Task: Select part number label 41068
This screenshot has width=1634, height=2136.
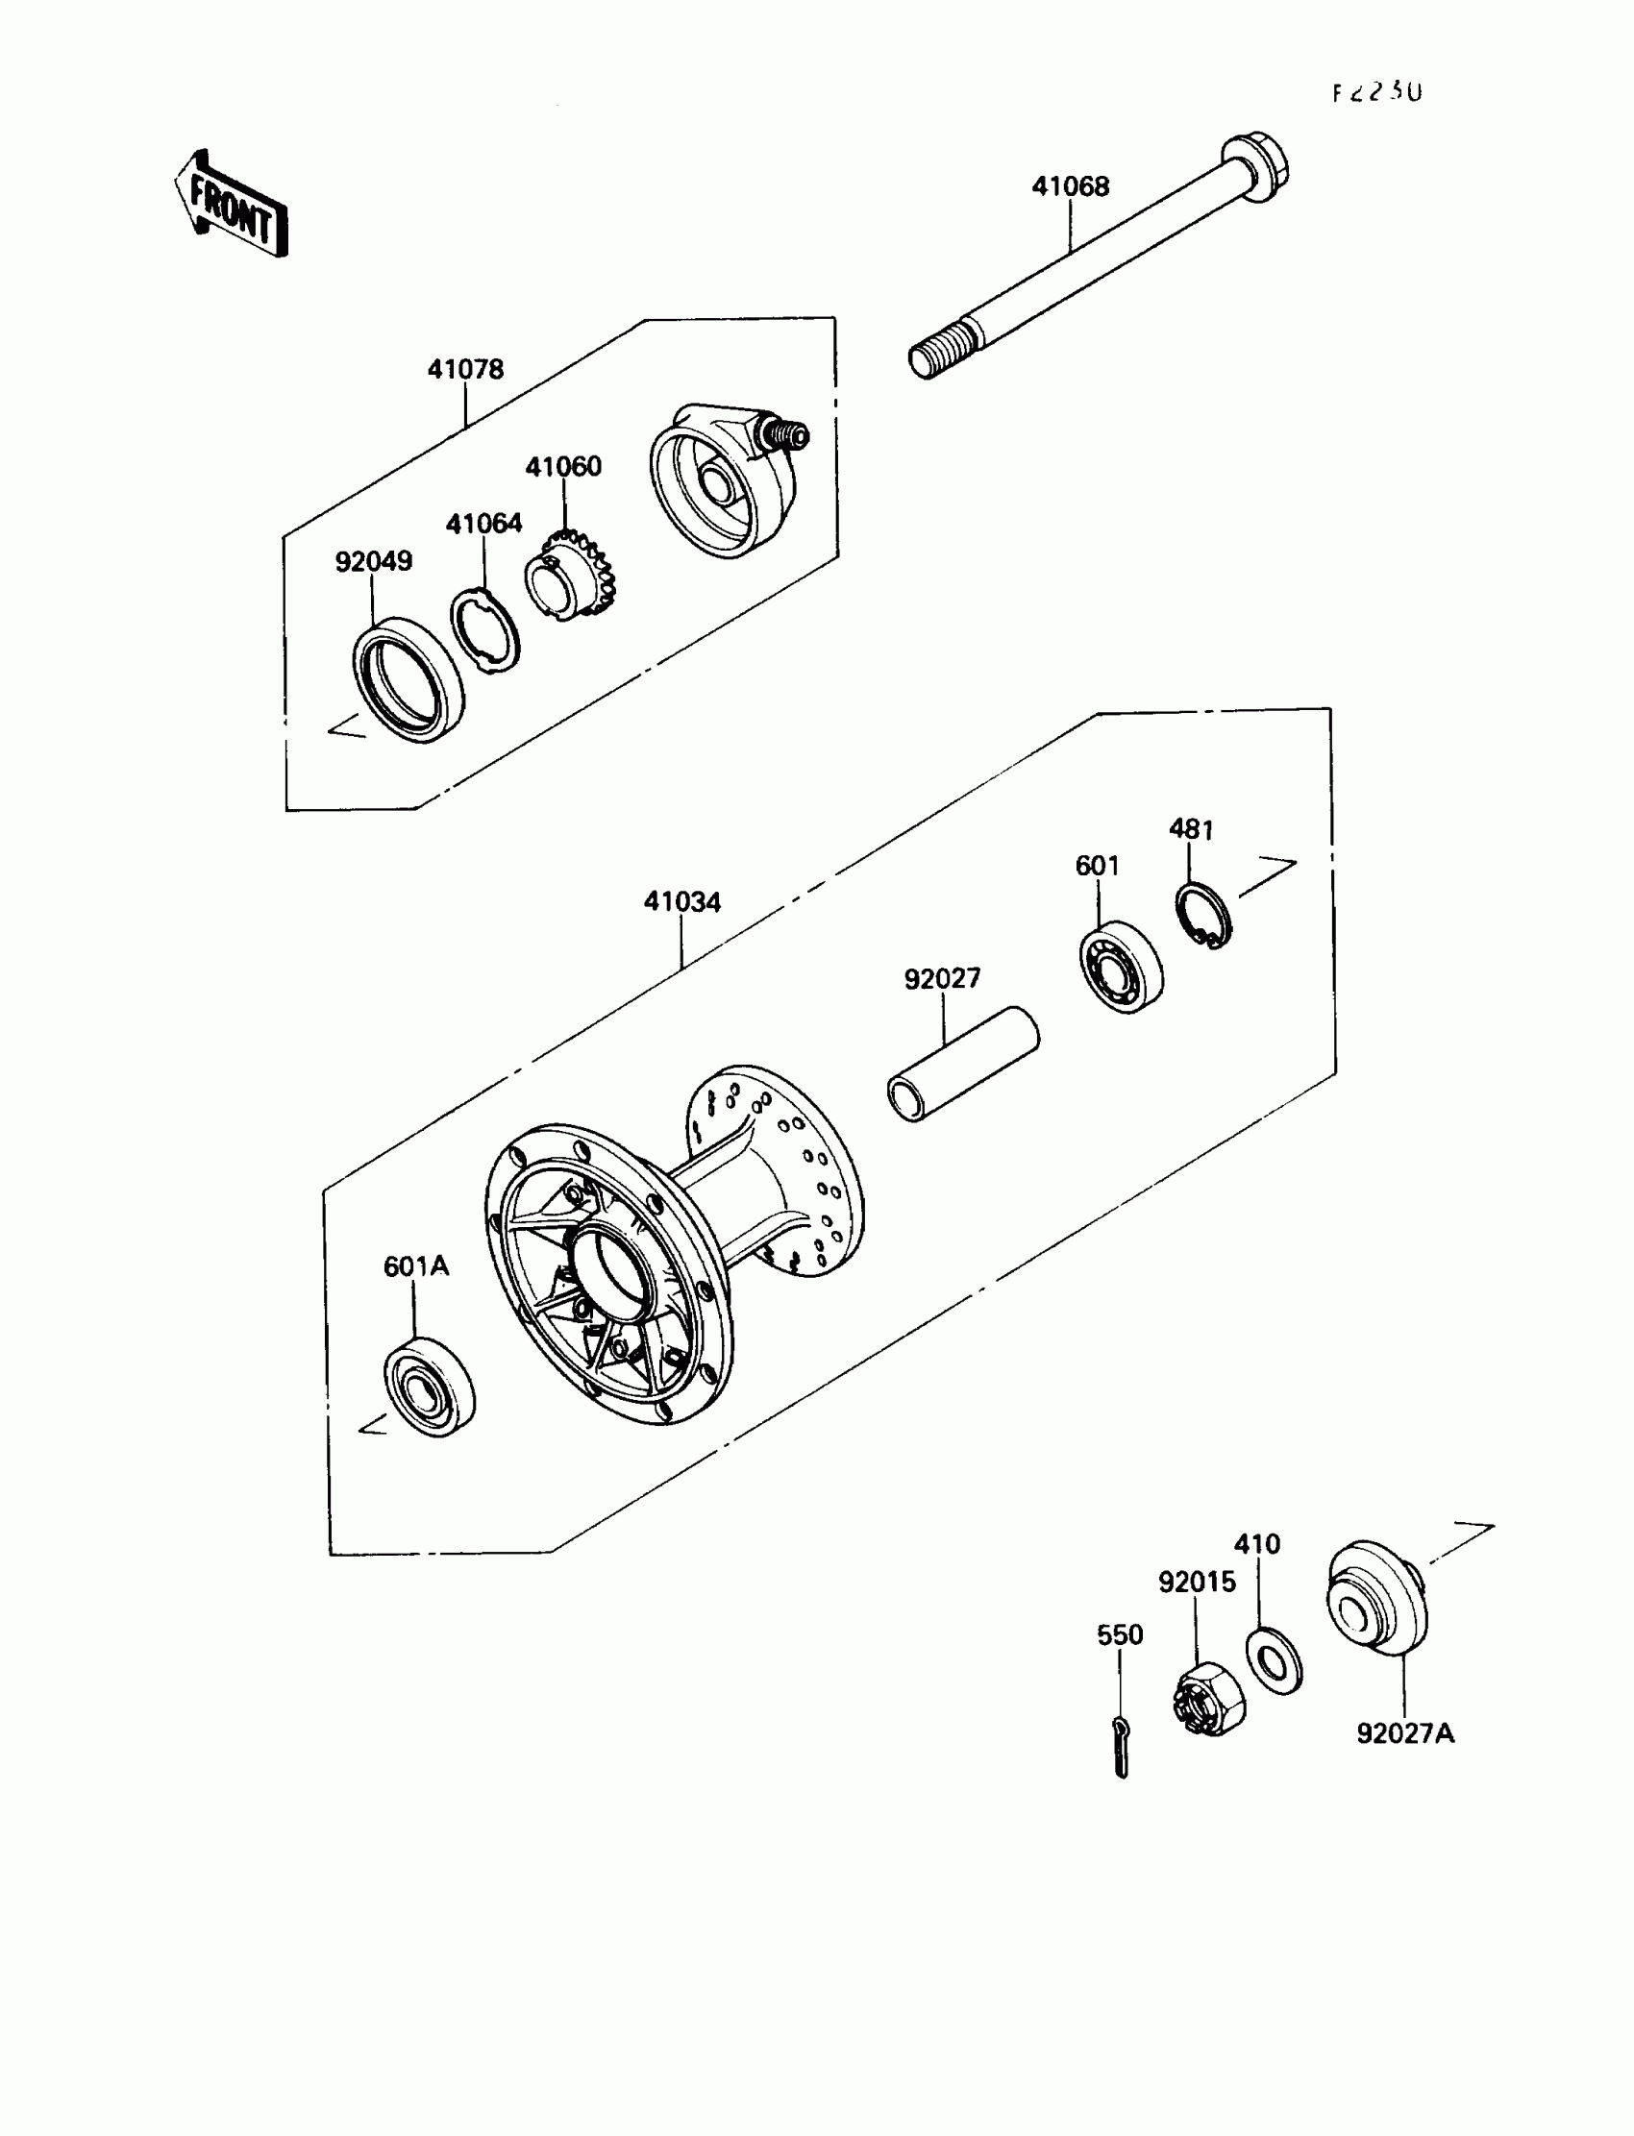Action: [1070, 186]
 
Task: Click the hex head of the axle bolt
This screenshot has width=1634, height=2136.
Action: [1254, 168]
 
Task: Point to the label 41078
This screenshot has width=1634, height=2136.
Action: [466, 369]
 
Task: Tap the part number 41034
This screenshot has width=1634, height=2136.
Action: [681, 902]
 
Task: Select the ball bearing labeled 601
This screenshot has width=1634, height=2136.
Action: [1122, 967]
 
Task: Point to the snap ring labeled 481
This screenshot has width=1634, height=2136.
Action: [1203, 915]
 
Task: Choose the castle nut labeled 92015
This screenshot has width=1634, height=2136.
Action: [1207, 1696]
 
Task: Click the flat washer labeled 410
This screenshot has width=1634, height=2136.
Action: [1274, 1661]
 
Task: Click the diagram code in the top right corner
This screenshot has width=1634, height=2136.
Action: [1376, 92]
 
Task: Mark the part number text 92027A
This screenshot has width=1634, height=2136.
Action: [1404, 1732]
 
